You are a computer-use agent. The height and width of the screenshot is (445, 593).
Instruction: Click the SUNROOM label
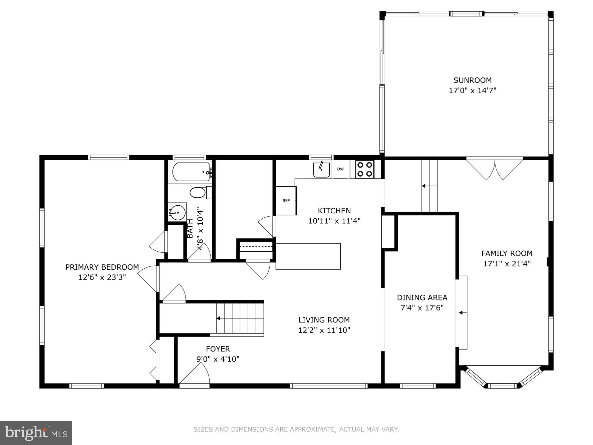pyautogui.click(x=472, y=80)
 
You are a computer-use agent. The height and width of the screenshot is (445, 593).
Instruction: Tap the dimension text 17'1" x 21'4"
pyautogui.click(x=507, y=264)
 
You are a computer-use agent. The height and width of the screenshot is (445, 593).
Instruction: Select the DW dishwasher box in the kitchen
pyautogui.click(x=340, y=169)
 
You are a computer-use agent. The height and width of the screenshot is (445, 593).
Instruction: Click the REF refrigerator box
pyautogui.click(x=286, y=201)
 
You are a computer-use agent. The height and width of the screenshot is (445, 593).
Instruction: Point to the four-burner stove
pyautogui.click(x=364, y=169)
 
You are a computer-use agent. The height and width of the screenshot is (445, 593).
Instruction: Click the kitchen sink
pyautogui.click(x=322, y=170)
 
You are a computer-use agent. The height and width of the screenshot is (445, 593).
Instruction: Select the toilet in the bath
pyautogui.click(x=199, y=193)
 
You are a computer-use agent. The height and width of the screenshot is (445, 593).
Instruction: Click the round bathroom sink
pyautogui.click(x=178, y=212)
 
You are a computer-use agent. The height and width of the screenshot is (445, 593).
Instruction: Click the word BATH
pyautogui.click(x=190, y=228)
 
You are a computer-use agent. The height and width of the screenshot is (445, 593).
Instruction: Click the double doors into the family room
pyautogui.click(x=495, y=169)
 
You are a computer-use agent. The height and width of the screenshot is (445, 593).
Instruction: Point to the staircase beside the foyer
pyautogui.click(x=240, y=318)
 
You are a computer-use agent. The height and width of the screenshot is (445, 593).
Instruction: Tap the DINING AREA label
pyautogui.click(x=422, y=297)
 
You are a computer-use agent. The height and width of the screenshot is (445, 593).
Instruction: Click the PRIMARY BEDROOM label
pyautogui.click(x=102, y=267)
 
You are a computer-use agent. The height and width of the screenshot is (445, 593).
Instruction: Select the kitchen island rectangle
pyautogui.click(x=308, y=256)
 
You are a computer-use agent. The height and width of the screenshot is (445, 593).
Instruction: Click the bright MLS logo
pyautogui.click(x=36, y=433)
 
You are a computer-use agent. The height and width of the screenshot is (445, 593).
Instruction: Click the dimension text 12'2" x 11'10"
pyautogui.click(x=324, y=330)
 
